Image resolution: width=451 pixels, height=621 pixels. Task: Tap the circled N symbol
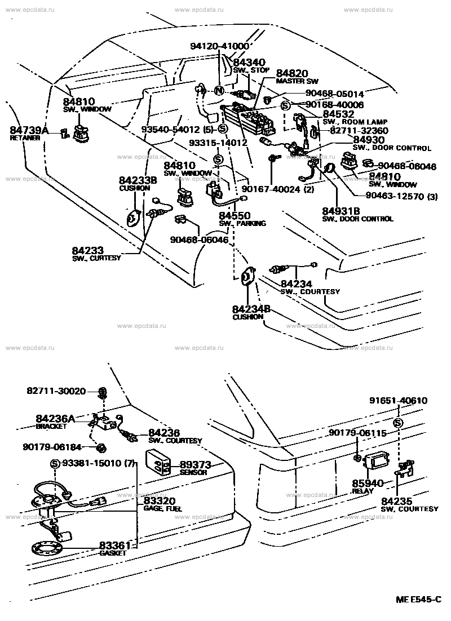tap(219, 92)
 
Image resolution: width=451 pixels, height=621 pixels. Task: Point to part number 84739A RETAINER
tap(29, 133)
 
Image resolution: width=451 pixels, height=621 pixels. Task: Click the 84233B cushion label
tap(138, 183)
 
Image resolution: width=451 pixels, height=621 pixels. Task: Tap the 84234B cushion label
tap(251, 312)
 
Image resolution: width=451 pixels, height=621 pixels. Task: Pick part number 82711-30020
tap(56, 391)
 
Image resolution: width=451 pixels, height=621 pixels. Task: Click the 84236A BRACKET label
tap(55, 422)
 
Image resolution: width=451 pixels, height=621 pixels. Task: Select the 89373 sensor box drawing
tap(160, 463)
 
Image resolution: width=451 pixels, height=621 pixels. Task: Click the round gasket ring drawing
tap(47, 547)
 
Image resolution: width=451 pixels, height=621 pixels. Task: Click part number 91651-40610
tap(399, 401)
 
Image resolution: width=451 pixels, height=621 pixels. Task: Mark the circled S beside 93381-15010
tap(55, 463)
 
